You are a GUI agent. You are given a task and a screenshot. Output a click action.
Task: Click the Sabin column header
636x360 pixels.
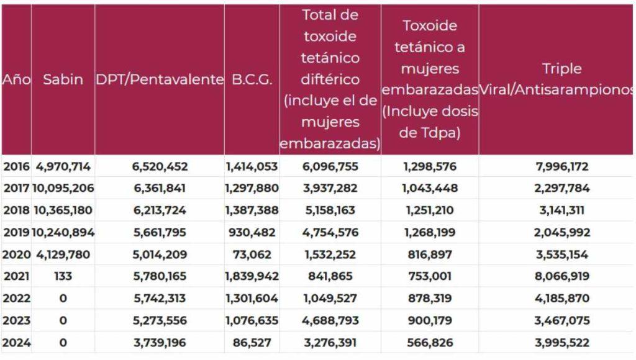point(63,80)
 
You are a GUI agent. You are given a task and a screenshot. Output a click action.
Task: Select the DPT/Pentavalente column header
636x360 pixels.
point(160,80)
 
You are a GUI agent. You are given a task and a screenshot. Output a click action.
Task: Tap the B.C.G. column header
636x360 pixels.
point(252,80)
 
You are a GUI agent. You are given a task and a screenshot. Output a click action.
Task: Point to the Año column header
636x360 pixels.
point(16,80)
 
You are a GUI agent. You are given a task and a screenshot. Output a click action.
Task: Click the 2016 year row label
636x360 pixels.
point(16,166)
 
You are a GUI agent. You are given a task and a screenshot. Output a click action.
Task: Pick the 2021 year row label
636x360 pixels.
point(16,276)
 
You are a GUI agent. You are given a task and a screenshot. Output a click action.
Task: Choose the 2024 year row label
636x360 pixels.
point(16,343)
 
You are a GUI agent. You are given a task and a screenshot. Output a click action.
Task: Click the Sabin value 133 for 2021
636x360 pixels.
point(63,276)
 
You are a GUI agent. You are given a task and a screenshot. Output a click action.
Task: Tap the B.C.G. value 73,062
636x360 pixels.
point(252,254)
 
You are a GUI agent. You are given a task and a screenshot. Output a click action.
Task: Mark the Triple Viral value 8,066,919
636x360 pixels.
point(556,276)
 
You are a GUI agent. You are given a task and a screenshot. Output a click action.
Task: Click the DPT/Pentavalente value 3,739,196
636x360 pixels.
point(160,343)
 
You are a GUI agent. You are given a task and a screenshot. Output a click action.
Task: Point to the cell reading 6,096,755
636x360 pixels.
point(330,166)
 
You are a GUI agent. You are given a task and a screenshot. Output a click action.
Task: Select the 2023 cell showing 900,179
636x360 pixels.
point(430,320)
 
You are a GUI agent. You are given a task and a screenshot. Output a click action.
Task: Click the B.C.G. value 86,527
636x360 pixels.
point(252,343)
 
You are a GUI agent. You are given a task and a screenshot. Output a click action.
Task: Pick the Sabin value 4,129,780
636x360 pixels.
point(63,254)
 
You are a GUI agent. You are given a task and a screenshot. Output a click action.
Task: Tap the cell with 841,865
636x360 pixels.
point(330,276)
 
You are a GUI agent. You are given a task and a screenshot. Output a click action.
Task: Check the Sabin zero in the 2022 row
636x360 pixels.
point(63,299)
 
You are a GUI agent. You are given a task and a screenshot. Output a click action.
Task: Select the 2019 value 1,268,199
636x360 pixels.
point(430,232)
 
